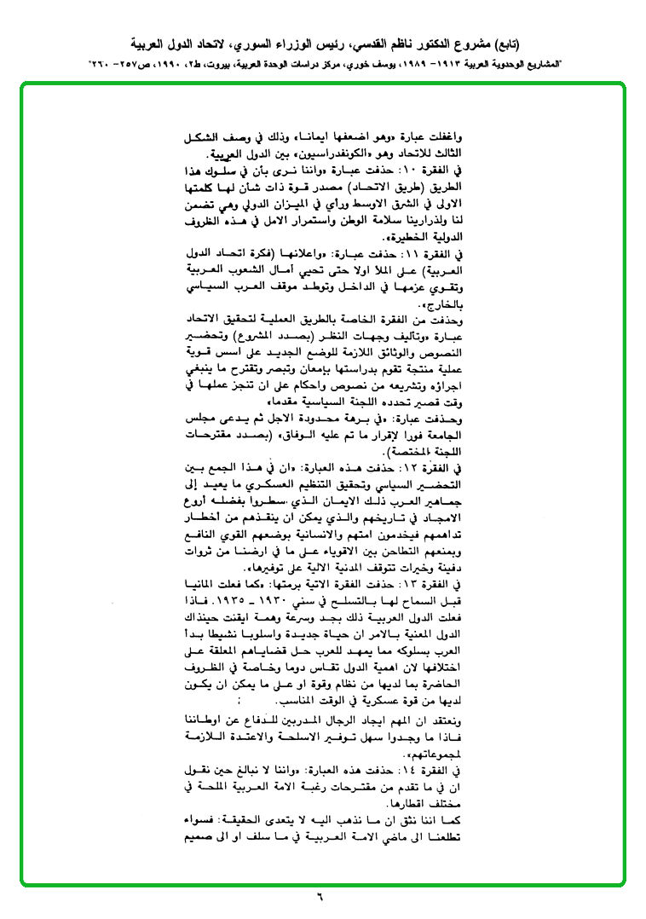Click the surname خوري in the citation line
(328, 64)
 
